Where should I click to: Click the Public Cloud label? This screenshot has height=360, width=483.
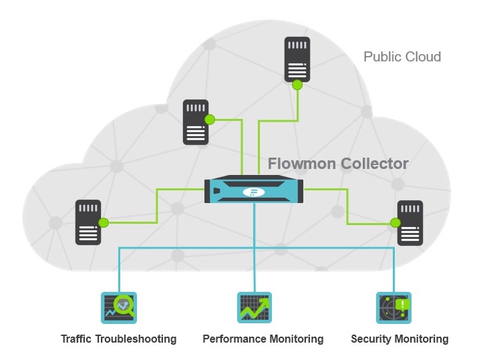[x=402, y=56]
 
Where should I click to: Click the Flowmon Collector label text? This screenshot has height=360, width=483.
[x=338, y=164]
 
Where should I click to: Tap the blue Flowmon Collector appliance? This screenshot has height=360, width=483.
[x=255, y=190]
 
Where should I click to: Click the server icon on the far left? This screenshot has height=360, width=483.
[x=88, y=222]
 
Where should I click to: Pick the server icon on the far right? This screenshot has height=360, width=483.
[x=410, y=222]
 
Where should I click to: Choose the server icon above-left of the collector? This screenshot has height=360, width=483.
[x=196, y=122]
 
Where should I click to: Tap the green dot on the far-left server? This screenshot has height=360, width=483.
[x=104, y=222]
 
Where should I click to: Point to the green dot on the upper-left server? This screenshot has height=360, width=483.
[x=209, y=120]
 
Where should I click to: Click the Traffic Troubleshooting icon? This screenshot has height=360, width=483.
[x=119, y=308]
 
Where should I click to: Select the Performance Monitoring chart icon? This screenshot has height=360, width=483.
[x=255, y=308]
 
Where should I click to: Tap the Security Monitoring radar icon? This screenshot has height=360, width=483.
[x=394, y=308]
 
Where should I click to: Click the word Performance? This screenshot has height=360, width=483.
[x=234, y=339]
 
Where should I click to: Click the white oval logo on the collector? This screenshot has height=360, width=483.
[x=255, y=192]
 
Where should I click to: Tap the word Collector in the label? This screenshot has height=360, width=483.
[x=374, y=164]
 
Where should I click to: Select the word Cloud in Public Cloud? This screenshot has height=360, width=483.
[x=422, y=56]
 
